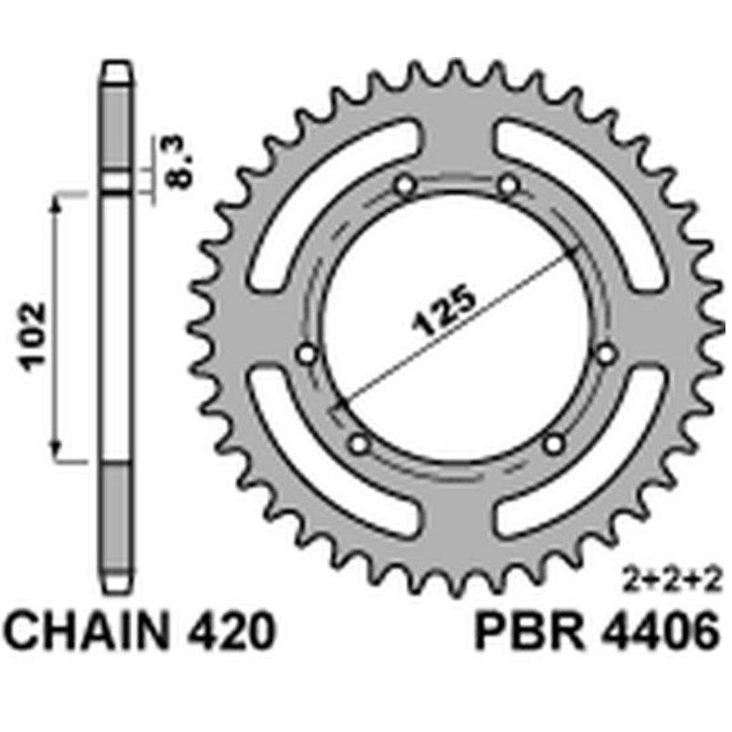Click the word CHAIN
[x=85, y=631]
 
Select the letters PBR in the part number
[x=530, y=631]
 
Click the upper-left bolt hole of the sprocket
[x=405, y=185]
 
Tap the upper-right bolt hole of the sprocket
[x=508, y=185]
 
